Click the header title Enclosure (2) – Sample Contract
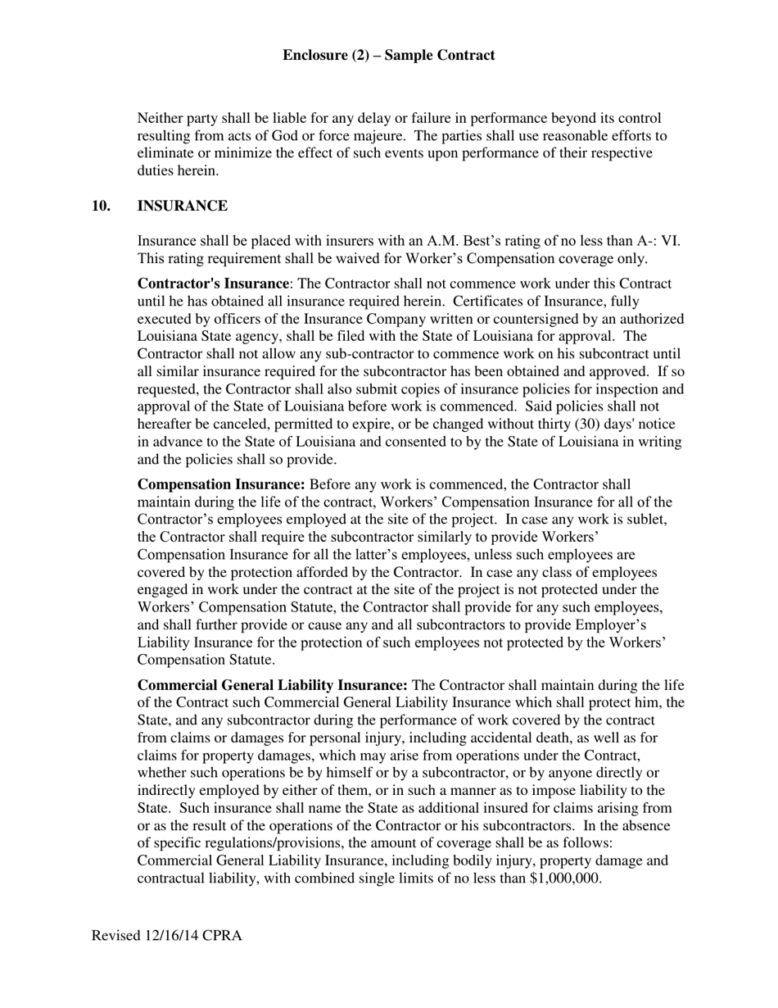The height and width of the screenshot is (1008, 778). [388, 56]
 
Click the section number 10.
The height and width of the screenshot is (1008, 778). [102, 206]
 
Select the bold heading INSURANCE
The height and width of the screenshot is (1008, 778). [182, 206]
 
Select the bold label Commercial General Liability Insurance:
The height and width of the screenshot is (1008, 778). [272, 686]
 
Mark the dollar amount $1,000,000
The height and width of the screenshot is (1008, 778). [566, 879]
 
